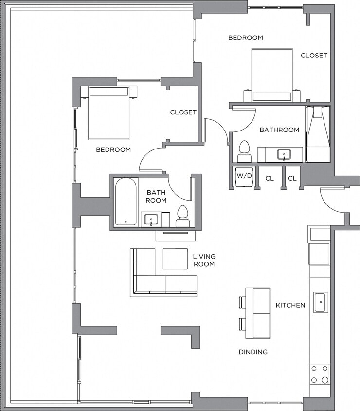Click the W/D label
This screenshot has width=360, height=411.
coord(244,176)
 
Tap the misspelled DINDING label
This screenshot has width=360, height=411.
coord(253,352)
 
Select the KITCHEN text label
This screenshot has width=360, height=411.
coord(290,305)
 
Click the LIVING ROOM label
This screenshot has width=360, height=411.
coord(204,260)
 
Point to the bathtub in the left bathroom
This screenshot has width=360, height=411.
coord(126,202)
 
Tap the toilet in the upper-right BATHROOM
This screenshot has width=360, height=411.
coord(244,151)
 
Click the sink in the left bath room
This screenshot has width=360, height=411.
coord(152,220)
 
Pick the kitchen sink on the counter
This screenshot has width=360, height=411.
coord(321,302)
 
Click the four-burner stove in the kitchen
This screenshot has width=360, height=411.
coord(320,374)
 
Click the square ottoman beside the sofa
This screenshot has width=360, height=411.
coord(175,259)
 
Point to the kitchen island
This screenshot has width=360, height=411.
coord(258,313)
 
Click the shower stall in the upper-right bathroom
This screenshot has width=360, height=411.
coord(318,134)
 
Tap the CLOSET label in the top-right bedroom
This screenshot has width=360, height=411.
coord(314,56)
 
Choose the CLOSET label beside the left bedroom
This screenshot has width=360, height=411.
coord(183,112)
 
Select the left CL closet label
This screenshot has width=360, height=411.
coord(270,179)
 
